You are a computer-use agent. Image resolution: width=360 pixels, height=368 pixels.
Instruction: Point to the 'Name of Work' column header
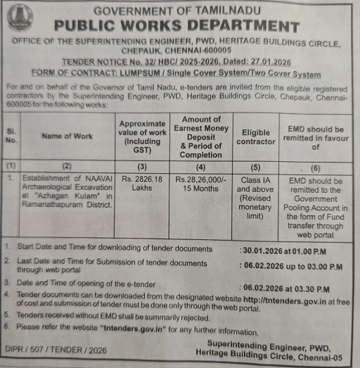67,137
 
